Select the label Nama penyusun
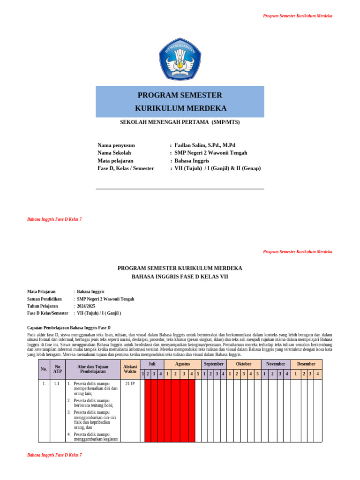pos(116,145)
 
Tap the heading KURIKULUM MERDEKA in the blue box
pos(180,108)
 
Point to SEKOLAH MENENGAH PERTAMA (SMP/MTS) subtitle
pos(180,122)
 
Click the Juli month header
pos(152,364)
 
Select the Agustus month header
pos(182,364)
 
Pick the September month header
pos(214,364)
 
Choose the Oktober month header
pos(244,364)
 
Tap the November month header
pos(276,364)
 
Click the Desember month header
pos(306,364)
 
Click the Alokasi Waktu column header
pos(130,369)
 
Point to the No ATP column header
pos(58,369)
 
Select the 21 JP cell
pos(130,383)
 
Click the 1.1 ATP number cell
pos(57,383)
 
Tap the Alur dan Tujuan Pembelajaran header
pos(93,369)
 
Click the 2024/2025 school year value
pos(86,306)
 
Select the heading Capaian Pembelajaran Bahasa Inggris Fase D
pos(69,327)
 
